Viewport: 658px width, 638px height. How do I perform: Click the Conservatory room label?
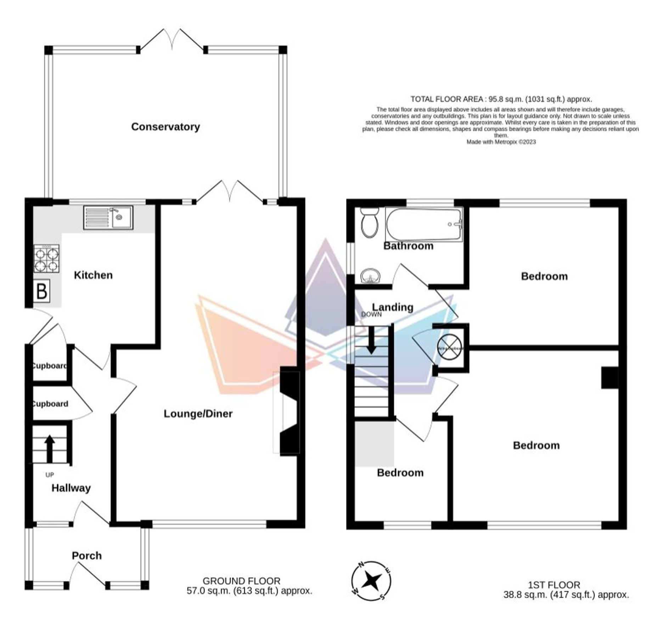point(165,127)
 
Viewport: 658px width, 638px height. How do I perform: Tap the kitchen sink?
point(108,217)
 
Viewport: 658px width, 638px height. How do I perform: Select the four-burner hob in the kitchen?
point(47,259)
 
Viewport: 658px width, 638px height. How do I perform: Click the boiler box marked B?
point(42,291)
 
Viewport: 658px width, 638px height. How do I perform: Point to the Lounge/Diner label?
point(198,414)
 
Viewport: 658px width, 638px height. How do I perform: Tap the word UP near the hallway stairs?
point(50,475)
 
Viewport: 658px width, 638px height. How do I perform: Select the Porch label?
point(86,555)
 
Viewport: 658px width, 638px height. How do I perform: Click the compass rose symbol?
point(371,581)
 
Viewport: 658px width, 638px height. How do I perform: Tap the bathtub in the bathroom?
point(423,224)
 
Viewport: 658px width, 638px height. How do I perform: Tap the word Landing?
point(393,307)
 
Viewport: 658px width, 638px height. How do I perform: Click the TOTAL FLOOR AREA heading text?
point(501,99)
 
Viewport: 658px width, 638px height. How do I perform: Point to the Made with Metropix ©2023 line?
point(501,142)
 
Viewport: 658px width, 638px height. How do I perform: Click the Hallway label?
point(71,488)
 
